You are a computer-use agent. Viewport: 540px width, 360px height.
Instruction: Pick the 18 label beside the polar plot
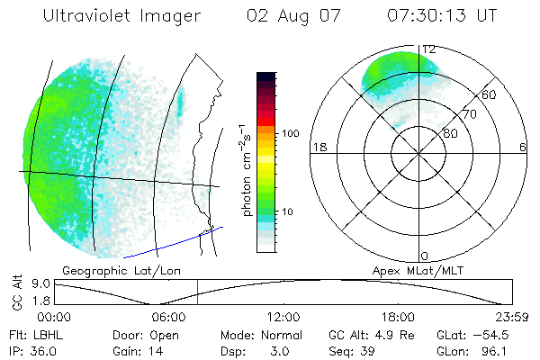[x=318, y=148]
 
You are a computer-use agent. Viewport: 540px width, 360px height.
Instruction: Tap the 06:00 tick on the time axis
[x=169, y=317]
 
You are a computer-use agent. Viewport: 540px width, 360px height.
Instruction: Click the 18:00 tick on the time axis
[x=398, y=317]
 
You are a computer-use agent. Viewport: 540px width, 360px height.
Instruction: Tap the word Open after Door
[x=166, y=335]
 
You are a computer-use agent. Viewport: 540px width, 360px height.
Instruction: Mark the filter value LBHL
[x=46, y=335]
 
